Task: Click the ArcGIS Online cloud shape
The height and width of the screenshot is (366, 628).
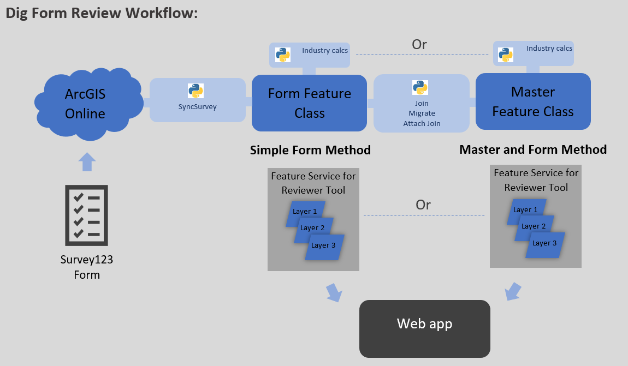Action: coord(85,103)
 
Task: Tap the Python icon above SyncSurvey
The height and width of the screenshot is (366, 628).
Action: coord(195,91)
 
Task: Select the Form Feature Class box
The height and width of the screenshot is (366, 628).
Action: coord(309,103)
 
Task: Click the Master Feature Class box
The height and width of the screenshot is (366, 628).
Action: coord(533,101)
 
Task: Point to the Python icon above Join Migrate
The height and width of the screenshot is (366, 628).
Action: coord(420,87)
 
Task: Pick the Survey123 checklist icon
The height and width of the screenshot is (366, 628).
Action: coord(86,215)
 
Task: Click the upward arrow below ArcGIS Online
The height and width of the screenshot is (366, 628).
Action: coord(87,163)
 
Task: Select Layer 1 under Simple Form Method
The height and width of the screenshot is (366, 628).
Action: coord(305,212)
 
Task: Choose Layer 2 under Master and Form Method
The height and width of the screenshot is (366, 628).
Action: coord(534,226)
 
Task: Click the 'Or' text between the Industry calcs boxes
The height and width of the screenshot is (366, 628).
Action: coord(419,44)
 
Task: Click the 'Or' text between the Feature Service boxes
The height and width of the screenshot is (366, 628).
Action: coord(423,205)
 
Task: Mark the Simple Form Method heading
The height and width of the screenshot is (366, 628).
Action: coord(310,150)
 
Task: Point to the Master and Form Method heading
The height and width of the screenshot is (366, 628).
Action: coord(533,149)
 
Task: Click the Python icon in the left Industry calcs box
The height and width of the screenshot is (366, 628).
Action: coord(282,54)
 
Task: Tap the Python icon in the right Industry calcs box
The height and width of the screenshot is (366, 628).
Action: coord(506,54)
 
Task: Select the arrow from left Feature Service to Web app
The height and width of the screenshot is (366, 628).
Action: coord(334,292)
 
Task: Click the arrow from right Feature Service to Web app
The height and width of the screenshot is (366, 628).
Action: coord(513,291)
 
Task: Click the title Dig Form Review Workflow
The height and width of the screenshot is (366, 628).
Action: coord(102,14)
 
